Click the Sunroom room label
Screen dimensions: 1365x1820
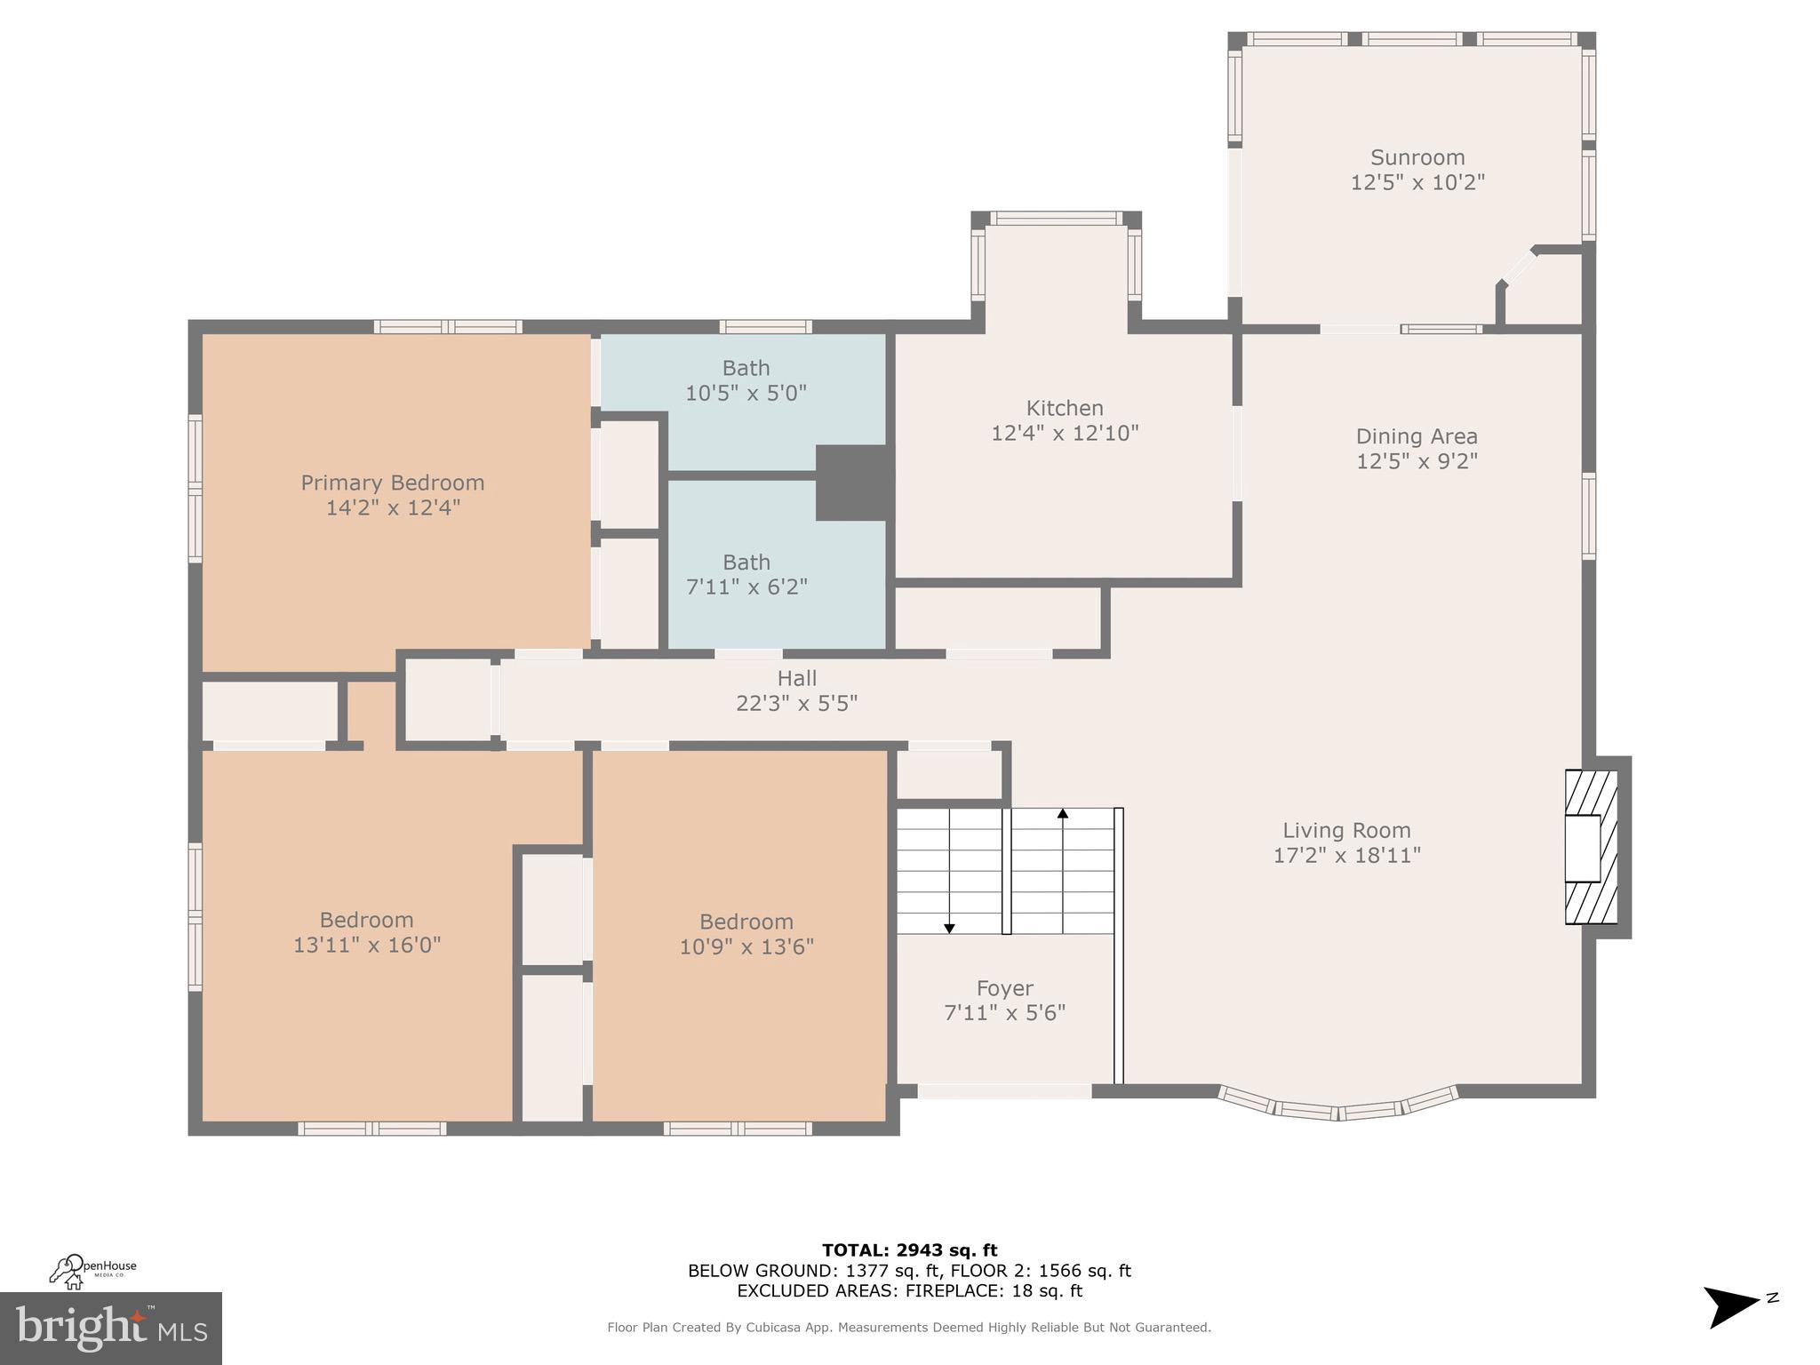pos(1417,158)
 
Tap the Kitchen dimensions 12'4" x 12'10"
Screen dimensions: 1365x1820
pos(1065,434)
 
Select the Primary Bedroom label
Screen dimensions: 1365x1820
pos(392,483)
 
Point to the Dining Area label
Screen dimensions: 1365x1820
pos(1417,436)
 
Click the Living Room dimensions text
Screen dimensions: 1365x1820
pos(1346,856)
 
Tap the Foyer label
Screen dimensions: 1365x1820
pos(1004,988)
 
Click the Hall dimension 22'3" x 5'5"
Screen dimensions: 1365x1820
pos(796,704)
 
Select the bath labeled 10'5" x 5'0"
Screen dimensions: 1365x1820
pos(746,380)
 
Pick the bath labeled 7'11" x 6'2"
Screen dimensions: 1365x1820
pos(746,575)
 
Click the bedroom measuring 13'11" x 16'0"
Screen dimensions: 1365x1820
pos(366,932)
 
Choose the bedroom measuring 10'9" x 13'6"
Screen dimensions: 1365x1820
pos(746,934)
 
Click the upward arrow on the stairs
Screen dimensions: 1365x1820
pos(1062,813)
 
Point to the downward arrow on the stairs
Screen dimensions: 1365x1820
pos(949,928)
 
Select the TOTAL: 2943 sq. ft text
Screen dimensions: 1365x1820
pos(909,1251)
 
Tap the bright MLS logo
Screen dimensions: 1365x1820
pos(111,1329)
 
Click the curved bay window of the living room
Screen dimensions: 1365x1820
pos(1337,1106)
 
